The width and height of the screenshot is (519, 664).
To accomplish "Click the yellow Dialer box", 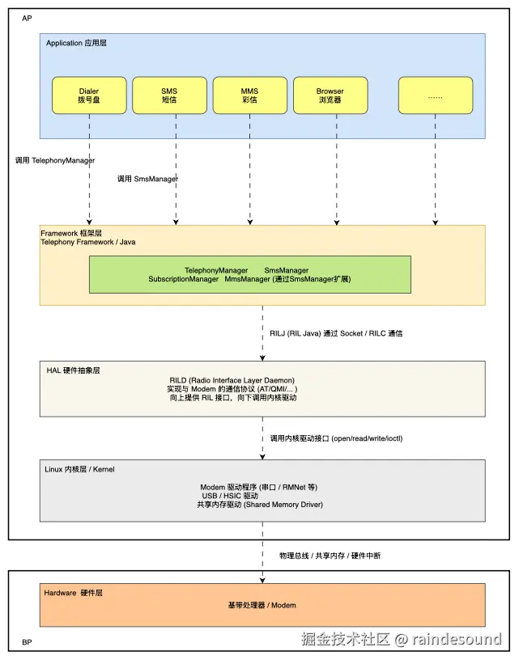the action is tap(89, 95).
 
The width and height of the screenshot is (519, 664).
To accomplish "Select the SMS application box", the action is tap(169, 95).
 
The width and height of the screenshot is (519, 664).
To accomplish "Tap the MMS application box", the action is tap(249, 95).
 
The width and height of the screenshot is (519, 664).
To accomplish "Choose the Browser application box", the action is tap(330, 95).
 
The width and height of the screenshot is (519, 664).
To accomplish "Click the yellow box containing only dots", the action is tap(436, 95).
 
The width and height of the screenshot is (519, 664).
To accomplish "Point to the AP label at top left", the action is tap(27, 19).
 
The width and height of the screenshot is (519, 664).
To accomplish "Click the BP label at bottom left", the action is tap(27, 642).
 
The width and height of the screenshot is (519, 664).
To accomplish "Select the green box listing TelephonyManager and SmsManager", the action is tap(249, 274).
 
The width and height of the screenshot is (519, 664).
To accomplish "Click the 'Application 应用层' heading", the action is tap(76, 43).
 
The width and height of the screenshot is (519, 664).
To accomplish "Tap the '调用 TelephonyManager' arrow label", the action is tap(55, 160).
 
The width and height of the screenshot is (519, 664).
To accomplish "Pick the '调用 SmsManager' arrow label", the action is tap(147, 179).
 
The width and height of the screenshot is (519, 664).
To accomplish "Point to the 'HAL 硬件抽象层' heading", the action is tap(74, 370).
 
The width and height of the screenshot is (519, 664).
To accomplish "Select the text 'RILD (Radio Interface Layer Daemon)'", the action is tap(232, 380).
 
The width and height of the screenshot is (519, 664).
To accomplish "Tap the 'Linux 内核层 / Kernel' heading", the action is tap(79, 469).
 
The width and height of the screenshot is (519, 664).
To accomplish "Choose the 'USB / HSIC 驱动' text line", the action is tap(230, 496).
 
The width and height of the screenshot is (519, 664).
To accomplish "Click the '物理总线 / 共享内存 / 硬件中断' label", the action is tap(330, 556).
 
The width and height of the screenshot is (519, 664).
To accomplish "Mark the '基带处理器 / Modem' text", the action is tap(262, 605).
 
